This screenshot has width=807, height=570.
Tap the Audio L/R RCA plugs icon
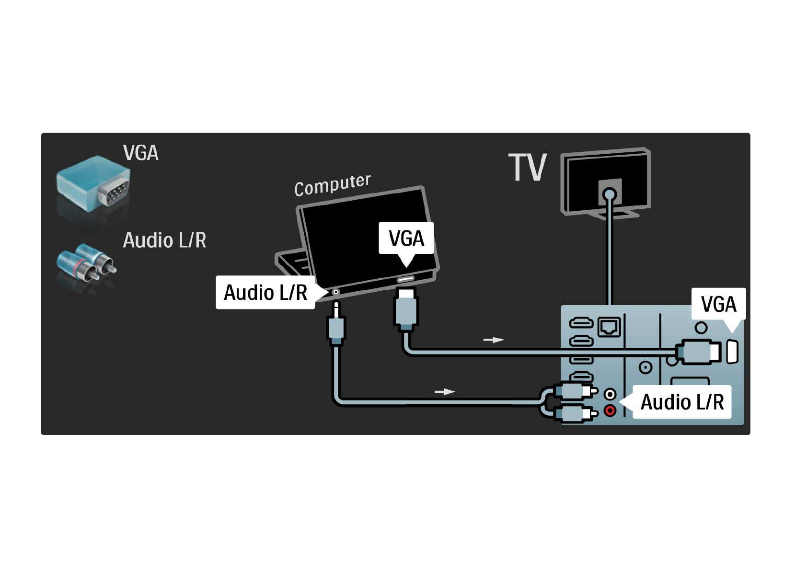point(87,264)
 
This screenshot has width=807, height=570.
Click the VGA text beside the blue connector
point(140,153)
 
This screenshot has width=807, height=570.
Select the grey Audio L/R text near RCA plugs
point(164,240)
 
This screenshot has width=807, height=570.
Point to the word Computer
point(332,185)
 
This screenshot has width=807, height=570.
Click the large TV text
point(527,168)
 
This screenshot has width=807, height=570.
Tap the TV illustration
point(606,182)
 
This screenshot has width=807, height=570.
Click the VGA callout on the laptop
point(406,239)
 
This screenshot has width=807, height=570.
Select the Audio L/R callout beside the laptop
point(265,292)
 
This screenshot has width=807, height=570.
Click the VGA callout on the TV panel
point(718,304)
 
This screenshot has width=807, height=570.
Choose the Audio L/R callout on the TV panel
point(682,402)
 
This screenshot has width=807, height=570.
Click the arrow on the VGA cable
point(493,340)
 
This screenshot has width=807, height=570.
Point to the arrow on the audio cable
point(444,392)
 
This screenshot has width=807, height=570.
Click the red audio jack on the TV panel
point(610,410)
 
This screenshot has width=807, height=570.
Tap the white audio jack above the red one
point(610,394)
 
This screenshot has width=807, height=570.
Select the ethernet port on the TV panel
point(609,327)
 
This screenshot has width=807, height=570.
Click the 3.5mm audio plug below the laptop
point(336,326)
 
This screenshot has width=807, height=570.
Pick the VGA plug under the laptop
point(406,309)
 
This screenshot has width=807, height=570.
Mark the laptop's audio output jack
point(336,292)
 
